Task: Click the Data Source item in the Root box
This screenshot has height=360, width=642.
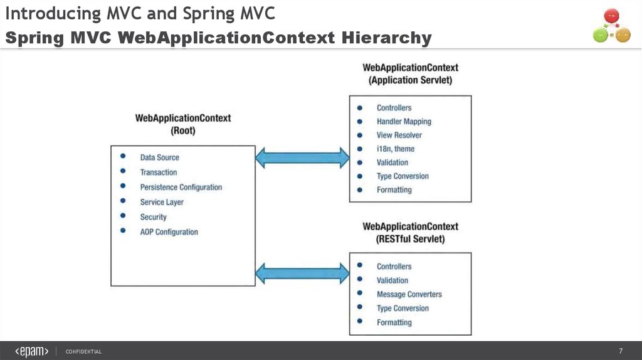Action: pos(159,157)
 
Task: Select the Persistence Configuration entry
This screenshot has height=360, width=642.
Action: pos(181,188)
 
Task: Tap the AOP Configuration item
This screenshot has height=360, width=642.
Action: pos(169,232)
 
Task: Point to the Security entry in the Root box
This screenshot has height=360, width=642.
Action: pos(153,217)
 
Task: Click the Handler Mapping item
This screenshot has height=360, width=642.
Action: pos(404,122)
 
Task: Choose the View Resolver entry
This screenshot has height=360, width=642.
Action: pos(399,135)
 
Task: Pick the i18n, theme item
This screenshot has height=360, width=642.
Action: pos(395,149)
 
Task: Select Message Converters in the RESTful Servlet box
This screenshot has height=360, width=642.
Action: pos(409,295)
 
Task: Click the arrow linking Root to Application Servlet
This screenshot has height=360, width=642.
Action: pos(302,157)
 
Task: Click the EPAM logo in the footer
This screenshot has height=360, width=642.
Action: pos(32,351)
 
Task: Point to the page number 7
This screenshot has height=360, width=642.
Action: pos(620,351)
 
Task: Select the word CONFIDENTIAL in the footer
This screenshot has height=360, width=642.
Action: pos(83,352)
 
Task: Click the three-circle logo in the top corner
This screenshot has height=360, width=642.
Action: pos(611,26)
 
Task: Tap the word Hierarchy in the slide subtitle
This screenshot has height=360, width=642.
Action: pos(387,38)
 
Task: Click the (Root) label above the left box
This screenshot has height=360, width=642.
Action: pos(183,131)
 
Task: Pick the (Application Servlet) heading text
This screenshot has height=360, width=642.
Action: pos(410,80)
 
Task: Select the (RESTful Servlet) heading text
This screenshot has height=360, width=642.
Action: pos(410,239)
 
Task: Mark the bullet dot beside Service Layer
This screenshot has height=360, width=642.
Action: pos(124,201)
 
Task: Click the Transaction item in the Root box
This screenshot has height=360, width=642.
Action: pos(158,172)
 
